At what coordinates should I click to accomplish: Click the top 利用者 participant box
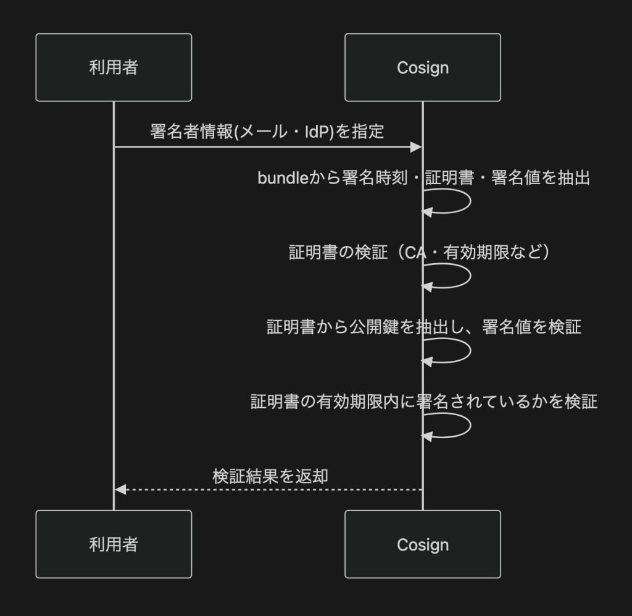114,67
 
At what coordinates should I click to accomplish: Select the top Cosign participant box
423,67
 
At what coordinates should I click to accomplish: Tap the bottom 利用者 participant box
114,544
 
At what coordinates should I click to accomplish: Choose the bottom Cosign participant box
423,544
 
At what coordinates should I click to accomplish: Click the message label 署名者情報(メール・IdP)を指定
267,132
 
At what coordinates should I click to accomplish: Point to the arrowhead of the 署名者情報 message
417,147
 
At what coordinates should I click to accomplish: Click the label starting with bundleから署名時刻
423,178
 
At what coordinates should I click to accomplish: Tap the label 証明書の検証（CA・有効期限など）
420,253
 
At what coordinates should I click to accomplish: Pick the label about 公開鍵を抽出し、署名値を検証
424,327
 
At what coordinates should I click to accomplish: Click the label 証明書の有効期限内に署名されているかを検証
424,402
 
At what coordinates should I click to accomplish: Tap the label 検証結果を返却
270,476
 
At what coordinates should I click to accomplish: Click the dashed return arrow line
272,489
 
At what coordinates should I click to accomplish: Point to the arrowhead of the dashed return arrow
120,489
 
